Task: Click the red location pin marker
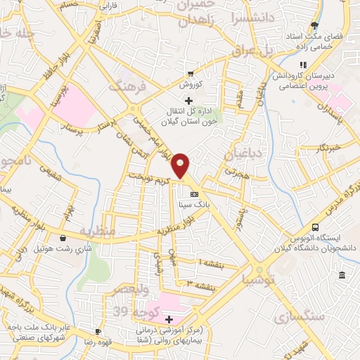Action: tap(181, 165)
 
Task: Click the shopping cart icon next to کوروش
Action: tap(190, 74)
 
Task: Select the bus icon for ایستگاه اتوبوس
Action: tap(315, 227)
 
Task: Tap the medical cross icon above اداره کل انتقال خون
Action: tap(187, 101)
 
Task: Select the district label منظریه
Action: tap(95, 231)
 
